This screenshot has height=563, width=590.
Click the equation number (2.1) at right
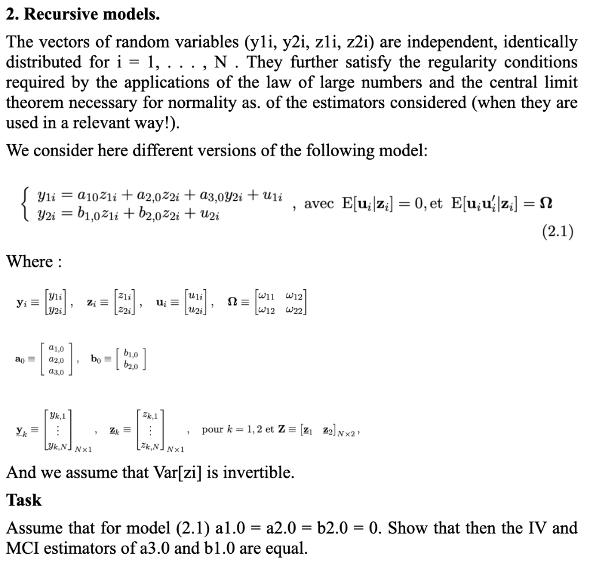[x=557, y=232]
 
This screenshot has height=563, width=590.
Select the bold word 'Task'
[x=24, y=500]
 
